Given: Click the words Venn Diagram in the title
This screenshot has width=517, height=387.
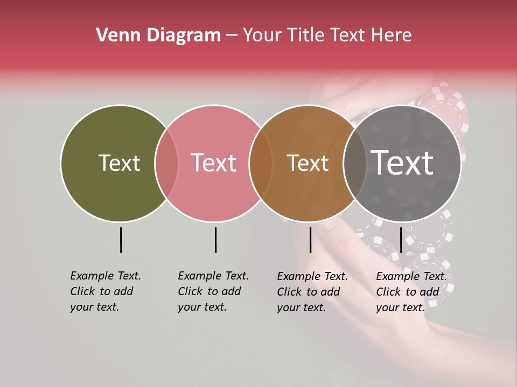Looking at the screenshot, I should click(x=158, y=35).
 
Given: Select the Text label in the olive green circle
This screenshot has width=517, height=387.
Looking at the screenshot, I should click(x=119, y=163).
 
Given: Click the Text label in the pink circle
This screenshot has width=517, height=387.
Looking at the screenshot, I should click(x=213, y=163).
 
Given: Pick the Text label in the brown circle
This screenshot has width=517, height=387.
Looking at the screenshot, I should click(x=308, y=163).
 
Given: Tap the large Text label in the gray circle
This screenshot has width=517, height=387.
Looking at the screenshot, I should click(x=402, y=162).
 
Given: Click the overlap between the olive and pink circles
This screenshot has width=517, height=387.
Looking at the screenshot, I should click(x=166, y=163).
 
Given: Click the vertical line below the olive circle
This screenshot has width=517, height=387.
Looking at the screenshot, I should click(x=121, y=240).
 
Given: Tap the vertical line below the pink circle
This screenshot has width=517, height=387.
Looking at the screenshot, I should click(x=215, y=240).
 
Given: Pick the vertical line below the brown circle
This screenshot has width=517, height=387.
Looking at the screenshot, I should click(x=311, y=240).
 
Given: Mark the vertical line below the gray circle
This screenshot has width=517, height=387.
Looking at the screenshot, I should click(x=401, y=240).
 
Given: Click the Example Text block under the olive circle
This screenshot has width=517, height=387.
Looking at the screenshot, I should click(x=105, y=291).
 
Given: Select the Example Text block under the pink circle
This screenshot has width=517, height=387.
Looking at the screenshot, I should click(x=213, y=291).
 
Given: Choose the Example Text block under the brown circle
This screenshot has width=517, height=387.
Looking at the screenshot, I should click(x=312, y=292).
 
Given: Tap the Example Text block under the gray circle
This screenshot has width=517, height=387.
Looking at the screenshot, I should click(x=411, y=292).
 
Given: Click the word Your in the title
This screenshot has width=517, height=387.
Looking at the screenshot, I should click(x=262, y=35).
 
